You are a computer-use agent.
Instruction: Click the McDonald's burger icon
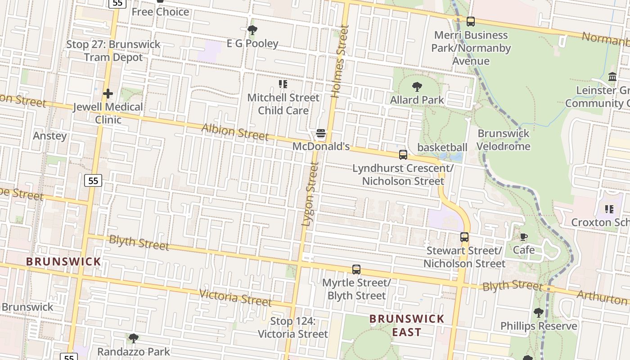[x=321, y=133]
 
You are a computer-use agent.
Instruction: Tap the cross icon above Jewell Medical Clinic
[x=108, y=94]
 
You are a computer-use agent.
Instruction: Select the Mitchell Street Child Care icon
[x=283, y=84]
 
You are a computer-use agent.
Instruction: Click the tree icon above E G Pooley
[x=252, y=31]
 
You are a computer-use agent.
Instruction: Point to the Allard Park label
[x=417, y=100]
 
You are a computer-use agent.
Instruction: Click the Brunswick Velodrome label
[x=503, y=140]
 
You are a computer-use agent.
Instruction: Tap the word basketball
[x=442, y=148]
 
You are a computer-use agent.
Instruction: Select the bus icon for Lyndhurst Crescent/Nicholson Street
[x=403, y=155]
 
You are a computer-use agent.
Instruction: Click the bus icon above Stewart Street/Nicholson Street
[x=464, y=237]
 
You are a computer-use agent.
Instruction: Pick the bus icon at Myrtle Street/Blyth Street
[x=356, y=270]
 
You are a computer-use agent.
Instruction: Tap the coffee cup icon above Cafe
[x=524, y=237]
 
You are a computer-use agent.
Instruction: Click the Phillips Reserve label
[x=539, y=326]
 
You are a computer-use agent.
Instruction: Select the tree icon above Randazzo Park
[x=133, y=338]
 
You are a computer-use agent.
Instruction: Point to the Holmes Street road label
[x=340, y=61]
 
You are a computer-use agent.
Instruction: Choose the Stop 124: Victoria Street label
[x=292, y=328]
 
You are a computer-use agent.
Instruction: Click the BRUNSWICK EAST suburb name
[x=407, y=325]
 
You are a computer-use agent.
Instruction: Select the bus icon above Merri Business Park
[x=471, y=22]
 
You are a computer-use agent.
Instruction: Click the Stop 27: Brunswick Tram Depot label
[x=113, y=51]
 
